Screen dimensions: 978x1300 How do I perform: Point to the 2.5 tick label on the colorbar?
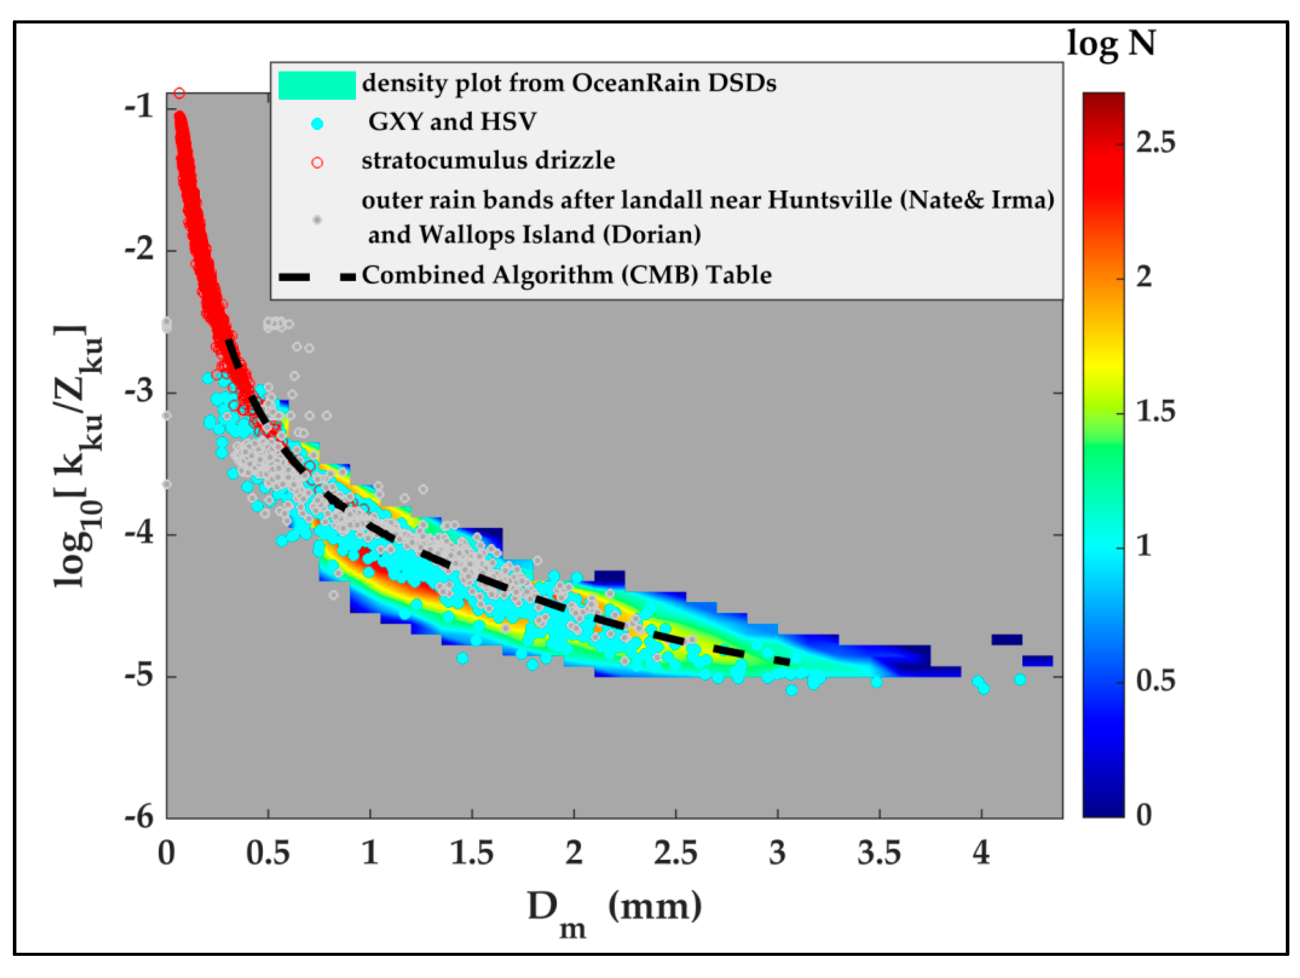point(1155,143)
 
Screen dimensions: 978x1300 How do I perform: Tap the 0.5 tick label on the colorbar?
point(1155,680)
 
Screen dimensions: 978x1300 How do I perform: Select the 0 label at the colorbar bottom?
point(1144,815)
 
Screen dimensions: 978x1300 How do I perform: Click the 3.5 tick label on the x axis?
point(878,853)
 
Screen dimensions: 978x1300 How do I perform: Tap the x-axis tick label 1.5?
point(471,853)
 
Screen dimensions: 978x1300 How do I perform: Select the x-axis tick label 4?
point(981,853)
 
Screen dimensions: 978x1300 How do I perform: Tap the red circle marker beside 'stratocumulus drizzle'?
point(317,163)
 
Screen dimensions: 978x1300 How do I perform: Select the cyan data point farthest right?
point(1020,679)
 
